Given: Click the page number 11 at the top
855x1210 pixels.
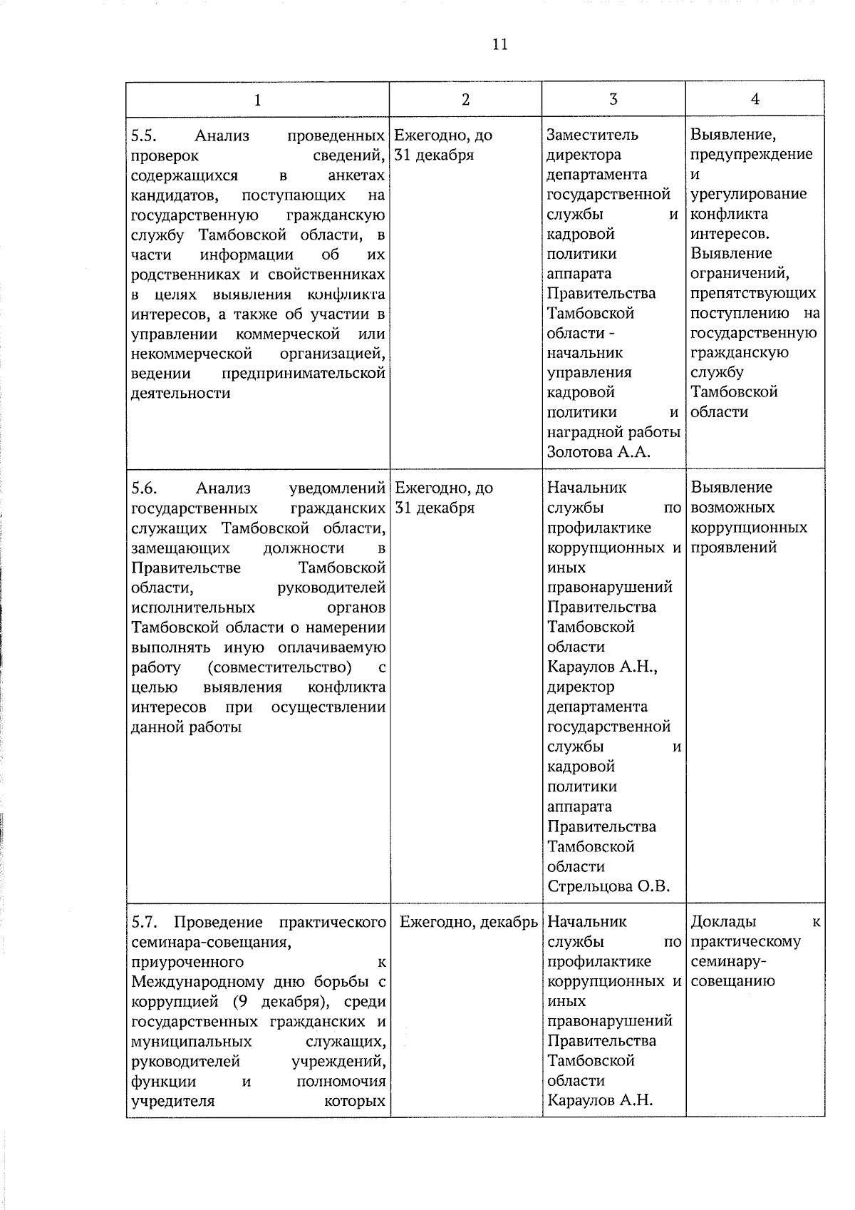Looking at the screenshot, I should [499, 44].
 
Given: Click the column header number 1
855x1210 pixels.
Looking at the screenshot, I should [257, 100].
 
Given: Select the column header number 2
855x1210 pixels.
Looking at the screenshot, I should [465, 99].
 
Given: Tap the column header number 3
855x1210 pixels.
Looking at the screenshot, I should [613, 99].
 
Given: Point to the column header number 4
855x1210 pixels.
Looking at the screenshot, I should [755, 99].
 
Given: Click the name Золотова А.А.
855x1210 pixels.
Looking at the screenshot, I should [599, 452].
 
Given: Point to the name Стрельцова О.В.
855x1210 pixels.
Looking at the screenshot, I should [608, 886].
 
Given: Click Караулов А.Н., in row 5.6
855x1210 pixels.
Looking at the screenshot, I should [603, 667].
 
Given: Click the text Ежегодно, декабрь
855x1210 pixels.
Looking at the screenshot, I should [468, 922].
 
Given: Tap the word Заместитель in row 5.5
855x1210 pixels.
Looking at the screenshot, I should [593, 135].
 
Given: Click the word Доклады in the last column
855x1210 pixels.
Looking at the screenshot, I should [724, 921].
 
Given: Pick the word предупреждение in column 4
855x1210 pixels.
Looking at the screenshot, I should [752, 155].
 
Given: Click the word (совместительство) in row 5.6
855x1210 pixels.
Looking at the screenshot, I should [280, 667].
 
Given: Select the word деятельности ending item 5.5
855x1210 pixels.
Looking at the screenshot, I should [181, 393].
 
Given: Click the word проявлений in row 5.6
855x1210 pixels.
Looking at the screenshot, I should [734, 548].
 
